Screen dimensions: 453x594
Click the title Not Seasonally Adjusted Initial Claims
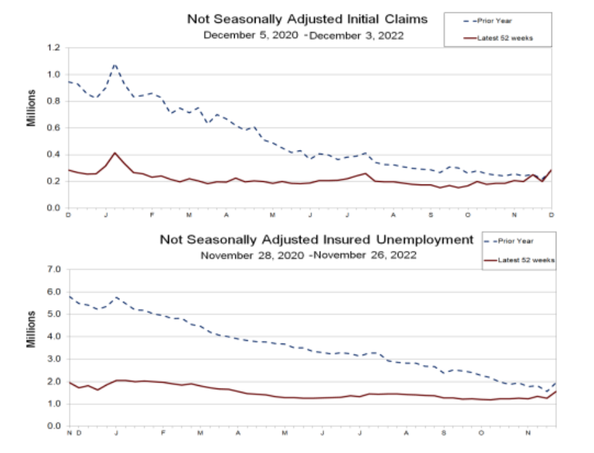pyautogui.click(x=307, y=19)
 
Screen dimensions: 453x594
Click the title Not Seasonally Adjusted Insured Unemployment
pyautogui.click(x=317, y=240)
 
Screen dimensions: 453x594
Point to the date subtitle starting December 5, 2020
pyautogui.click(x=303, y=35)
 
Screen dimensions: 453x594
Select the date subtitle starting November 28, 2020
pyautogui.click(x=308, y=256)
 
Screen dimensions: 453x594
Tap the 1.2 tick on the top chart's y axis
pyautogui.click(x=53, y=48)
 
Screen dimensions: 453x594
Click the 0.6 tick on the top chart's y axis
pyautogui.click(x=53, y=128)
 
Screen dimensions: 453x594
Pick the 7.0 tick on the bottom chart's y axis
pyautogui.click(x=53, y=269)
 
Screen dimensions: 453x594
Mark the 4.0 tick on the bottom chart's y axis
pyautogui.click(x=53, y=337)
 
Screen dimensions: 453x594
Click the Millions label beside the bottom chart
pyautogui.click(x=31, y=329)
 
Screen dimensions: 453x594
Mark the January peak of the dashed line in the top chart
pyautogui.click(x=115, y=64)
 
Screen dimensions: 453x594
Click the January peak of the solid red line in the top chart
pyautogui.click(x=115, y=153)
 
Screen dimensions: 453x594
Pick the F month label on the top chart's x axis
pyautogui.click(x=151, y=215)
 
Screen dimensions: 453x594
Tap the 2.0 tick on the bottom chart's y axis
pyautogui.click(x=53, y=382)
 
